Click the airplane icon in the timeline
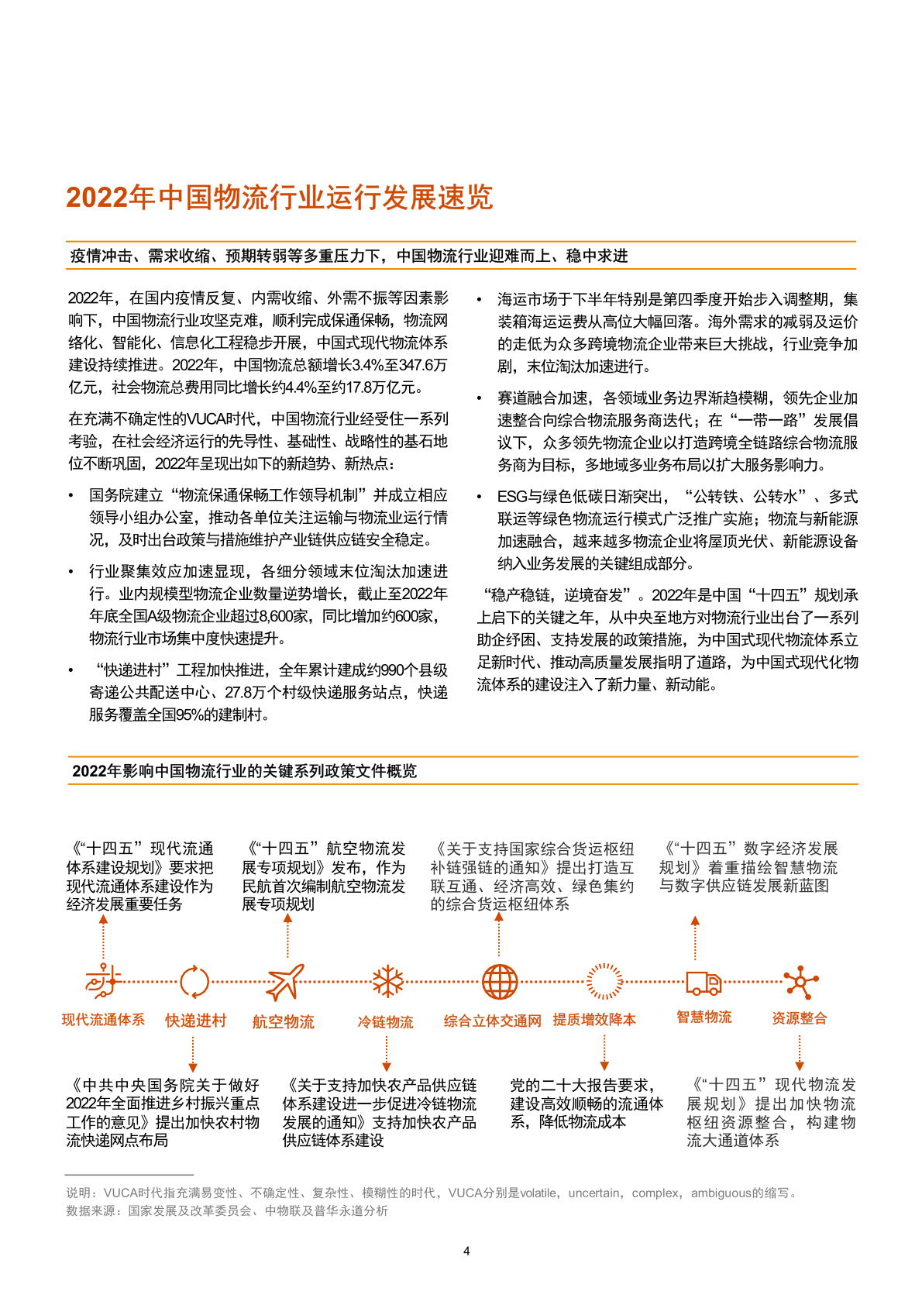(x=285, y=982)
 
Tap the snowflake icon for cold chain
(x=387, y=981)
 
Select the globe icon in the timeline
(x=500, y=982)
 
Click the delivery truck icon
(x=704, y=983)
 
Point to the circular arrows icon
(x=194, y=982)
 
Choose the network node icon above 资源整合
(x=800, y=983)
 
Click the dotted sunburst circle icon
(x=604, y=982)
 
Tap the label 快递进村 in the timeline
(x=195, y=1021)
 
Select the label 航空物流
(x=284, y=1022)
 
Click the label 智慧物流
(x=704, y=1017)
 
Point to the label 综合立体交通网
(x=492, y=1021)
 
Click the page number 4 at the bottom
(x=466, y=1251)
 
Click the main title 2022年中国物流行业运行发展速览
(x=279, y=198)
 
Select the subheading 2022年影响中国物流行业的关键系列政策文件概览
(x=244, y=771)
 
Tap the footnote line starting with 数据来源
(x=226, y=1210)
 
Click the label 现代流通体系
(x=103, y=1020)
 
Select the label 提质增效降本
(x=594, y=1020)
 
